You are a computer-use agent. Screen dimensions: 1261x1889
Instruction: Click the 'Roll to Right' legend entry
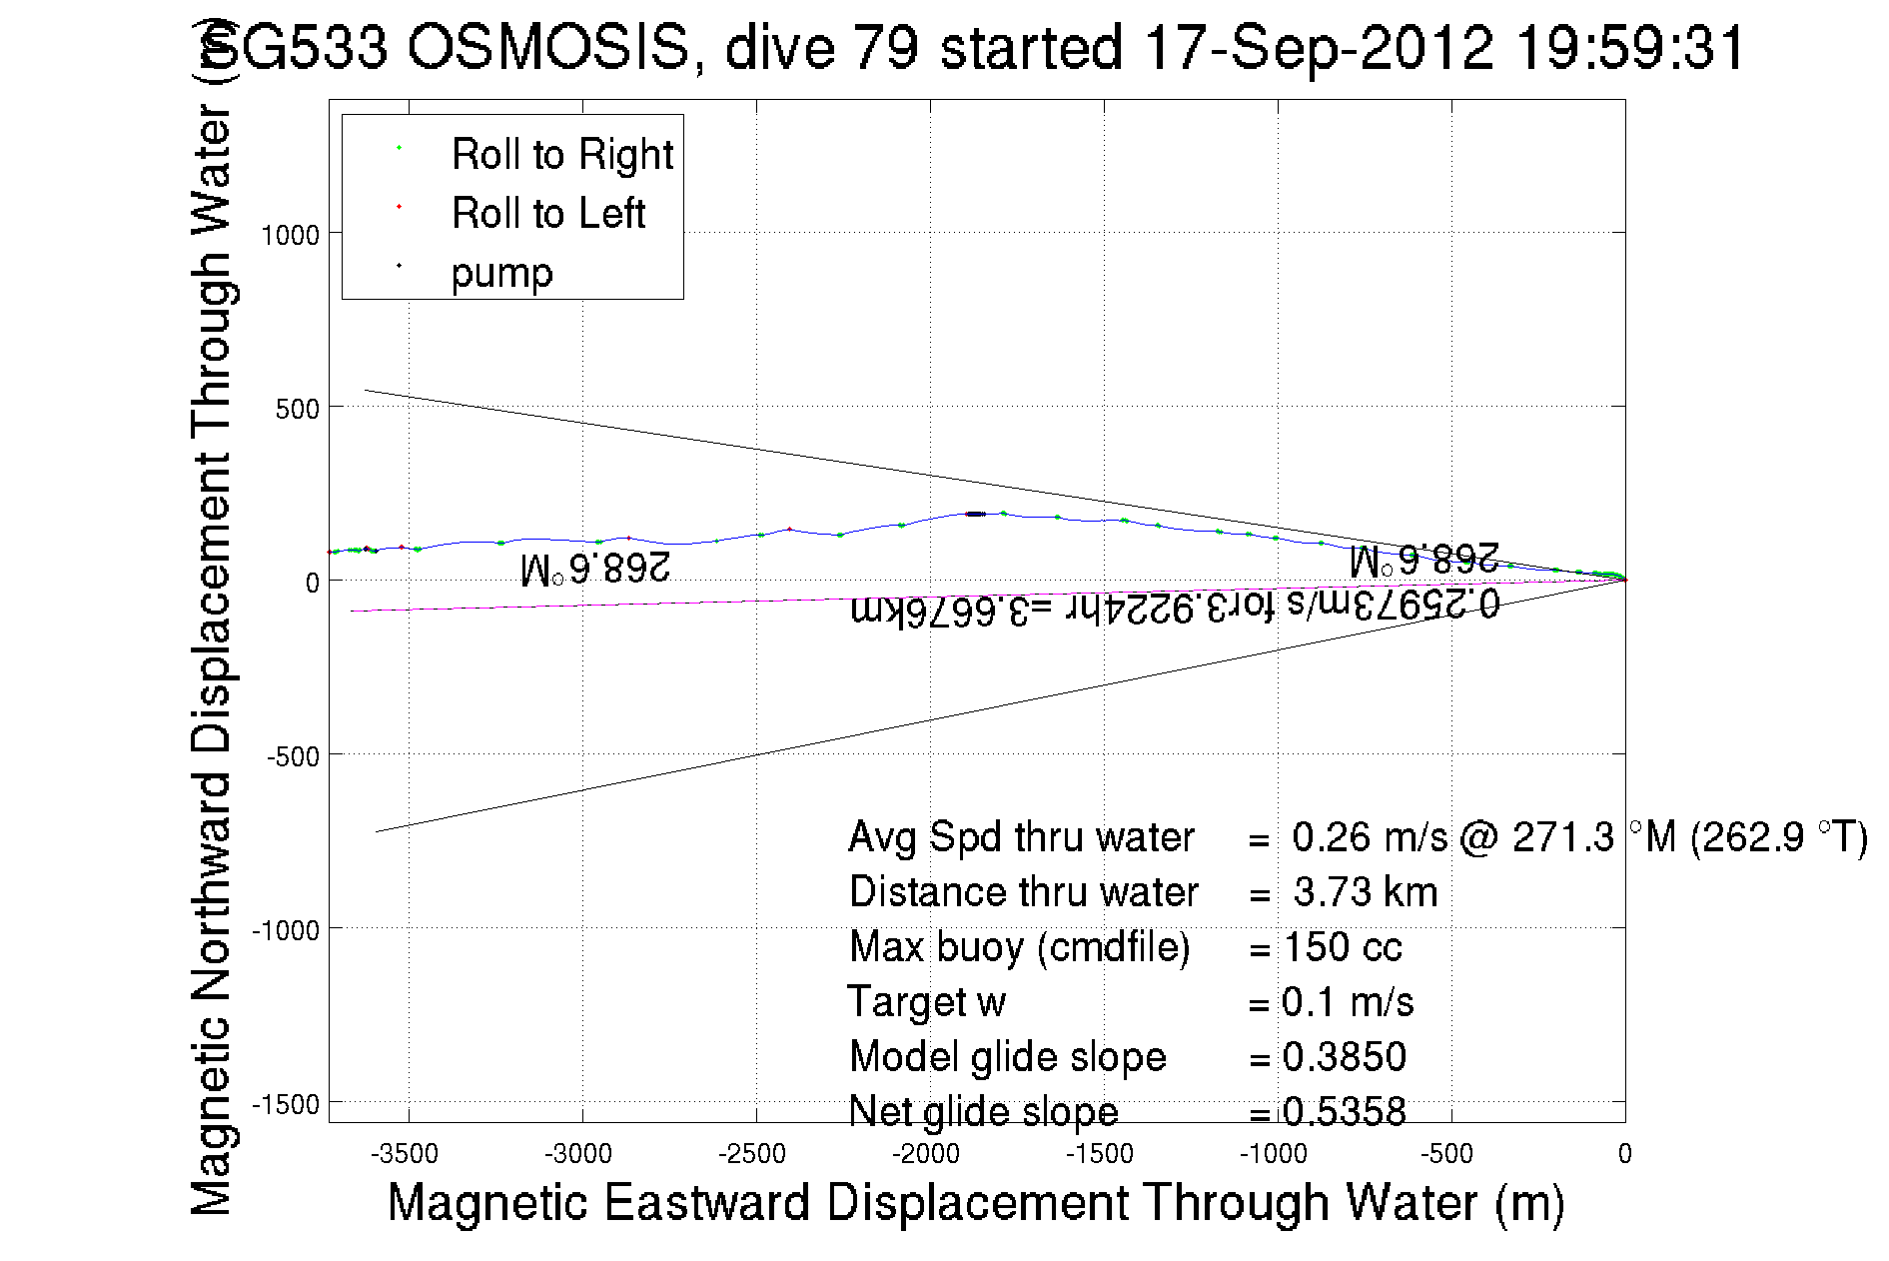point(561,155)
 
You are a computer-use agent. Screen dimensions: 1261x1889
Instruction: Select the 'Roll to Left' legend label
point(547,214)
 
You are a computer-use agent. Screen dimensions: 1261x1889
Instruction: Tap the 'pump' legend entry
point(501,273)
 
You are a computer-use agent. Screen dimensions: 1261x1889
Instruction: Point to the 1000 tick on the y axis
point(290,236)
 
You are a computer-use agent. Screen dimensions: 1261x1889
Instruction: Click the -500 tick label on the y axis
point(293,756)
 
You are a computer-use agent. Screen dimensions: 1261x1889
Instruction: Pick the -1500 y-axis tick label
point(286,1104)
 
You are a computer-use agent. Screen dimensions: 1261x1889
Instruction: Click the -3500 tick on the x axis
point(405,1155)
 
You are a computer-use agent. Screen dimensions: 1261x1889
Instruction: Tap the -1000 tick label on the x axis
point(1274,1155)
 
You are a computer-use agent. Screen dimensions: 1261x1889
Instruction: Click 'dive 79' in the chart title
point(821,47)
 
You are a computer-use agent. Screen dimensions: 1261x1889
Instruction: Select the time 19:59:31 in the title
point(1629,47)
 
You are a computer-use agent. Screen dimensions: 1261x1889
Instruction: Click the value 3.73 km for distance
point(1365,892)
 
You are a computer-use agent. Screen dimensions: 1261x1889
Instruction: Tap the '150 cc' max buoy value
point(1343,947)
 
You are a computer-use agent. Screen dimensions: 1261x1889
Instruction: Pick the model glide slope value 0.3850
point(1345,1057)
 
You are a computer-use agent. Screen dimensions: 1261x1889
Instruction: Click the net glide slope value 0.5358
point(1345,1111)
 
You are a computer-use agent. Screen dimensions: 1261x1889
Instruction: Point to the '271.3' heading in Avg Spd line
point(1562,837)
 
